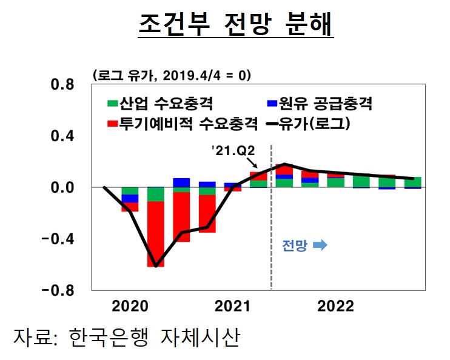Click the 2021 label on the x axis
click(233, 306)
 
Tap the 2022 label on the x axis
click(335, 306)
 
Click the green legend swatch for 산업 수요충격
click(112, 104)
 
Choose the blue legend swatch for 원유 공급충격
click(272, 104)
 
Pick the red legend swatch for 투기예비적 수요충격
click(112, 124)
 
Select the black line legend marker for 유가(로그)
click(272, 124)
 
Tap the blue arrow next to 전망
click(320, 245)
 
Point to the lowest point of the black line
click(156, 266)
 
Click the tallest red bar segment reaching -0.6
click(156, 234)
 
